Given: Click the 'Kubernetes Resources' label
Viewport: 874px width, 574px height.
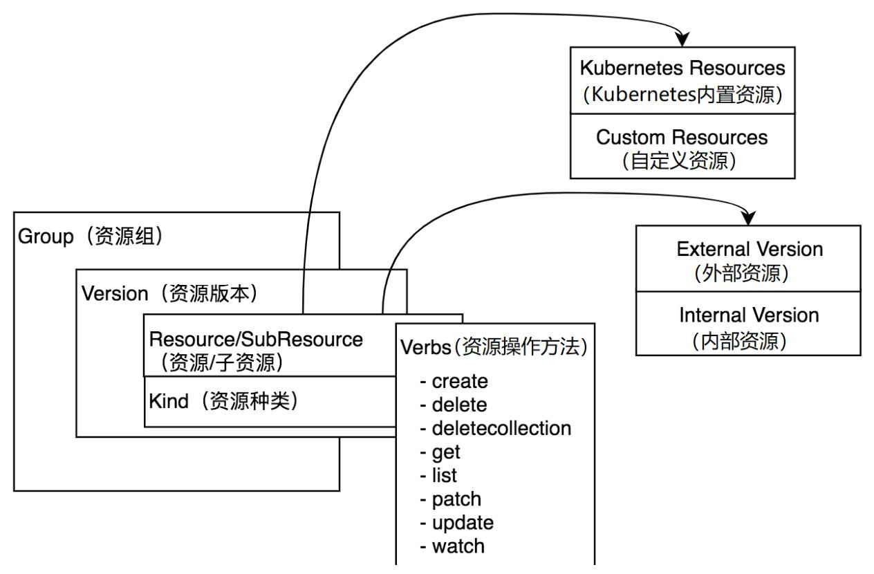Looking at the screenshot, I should point(682,68).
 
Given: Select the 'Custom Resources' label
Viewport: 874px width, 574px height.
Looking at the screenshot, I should point(682,137).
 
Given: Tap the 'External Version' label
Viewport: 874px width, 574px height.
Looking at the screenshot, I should point(750,249).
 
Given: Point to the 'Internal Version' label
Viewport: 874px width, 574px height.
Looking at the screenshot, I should point(749,315).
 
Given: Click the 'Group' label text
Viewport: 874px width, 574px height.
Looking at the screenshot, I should point(45,237).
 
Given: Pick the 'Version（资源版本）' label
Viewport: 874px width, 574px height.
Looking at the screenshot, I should point(169,293).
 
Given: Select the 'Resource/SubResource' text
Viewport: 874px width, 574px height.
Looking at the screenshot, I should point(256,340).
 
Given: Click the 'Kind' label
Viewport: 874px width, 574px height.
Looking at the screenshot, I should point(169,401).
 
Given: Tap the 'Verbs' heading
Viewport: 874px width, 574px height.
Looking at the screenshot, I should point(429,347).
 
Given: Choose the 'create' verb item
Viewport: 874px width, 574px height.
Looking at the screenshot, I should point(459,381).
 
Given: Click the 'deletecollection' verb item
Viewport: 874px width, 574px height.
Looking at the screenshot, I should point(501,428).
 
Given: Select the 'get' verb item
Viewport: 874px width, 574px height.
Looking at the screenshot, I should point(445,452).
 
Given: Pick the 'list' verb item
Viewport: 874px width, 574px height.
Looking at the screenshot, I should point(444,476).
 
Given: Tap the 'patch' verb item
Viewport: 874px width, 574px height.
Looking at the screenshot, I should point(456,499).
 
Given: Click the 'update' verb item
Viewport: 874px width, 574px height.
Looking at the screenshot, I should point(462,523).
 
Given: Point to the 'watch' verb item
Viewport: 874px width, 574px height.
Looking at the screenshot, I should point(458,546).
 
